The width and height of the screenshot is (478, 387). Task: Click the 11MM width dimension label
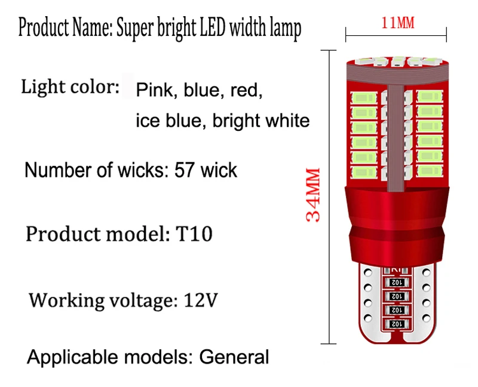(398, 23)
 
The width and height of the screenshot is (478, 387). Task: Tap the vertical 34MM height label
(313, 195)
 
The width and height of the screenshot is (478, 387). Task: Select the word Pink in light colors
(154, 90)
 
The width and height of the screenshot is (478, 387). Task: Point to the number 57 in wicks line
(185, 170)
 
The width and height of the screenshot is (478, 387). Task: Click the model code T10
(194, 234)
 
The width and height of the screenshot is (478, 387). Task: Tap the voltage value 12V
(201, 300)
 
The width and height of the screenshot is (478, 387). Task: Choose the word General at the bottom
(234, 357)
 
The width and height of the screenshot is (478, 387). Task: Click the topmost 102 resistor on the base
(397, 282)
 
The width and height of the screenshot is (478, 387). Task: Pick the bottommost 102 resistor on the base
(397, 324)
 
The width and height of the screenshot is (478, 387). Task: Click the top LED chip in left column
(364, 98)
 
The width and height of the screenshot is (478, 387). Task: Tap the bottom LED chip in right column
(430, 170)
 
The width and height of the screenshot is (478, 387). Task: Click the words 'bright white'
(261, 121)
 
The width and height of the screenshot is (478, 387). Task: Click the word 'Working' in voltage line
(67, 301)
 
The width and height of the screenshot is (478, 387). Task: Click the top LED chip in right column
(430, 97)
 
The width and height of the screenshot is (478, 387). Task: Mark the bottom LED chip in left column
(364, 172)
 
